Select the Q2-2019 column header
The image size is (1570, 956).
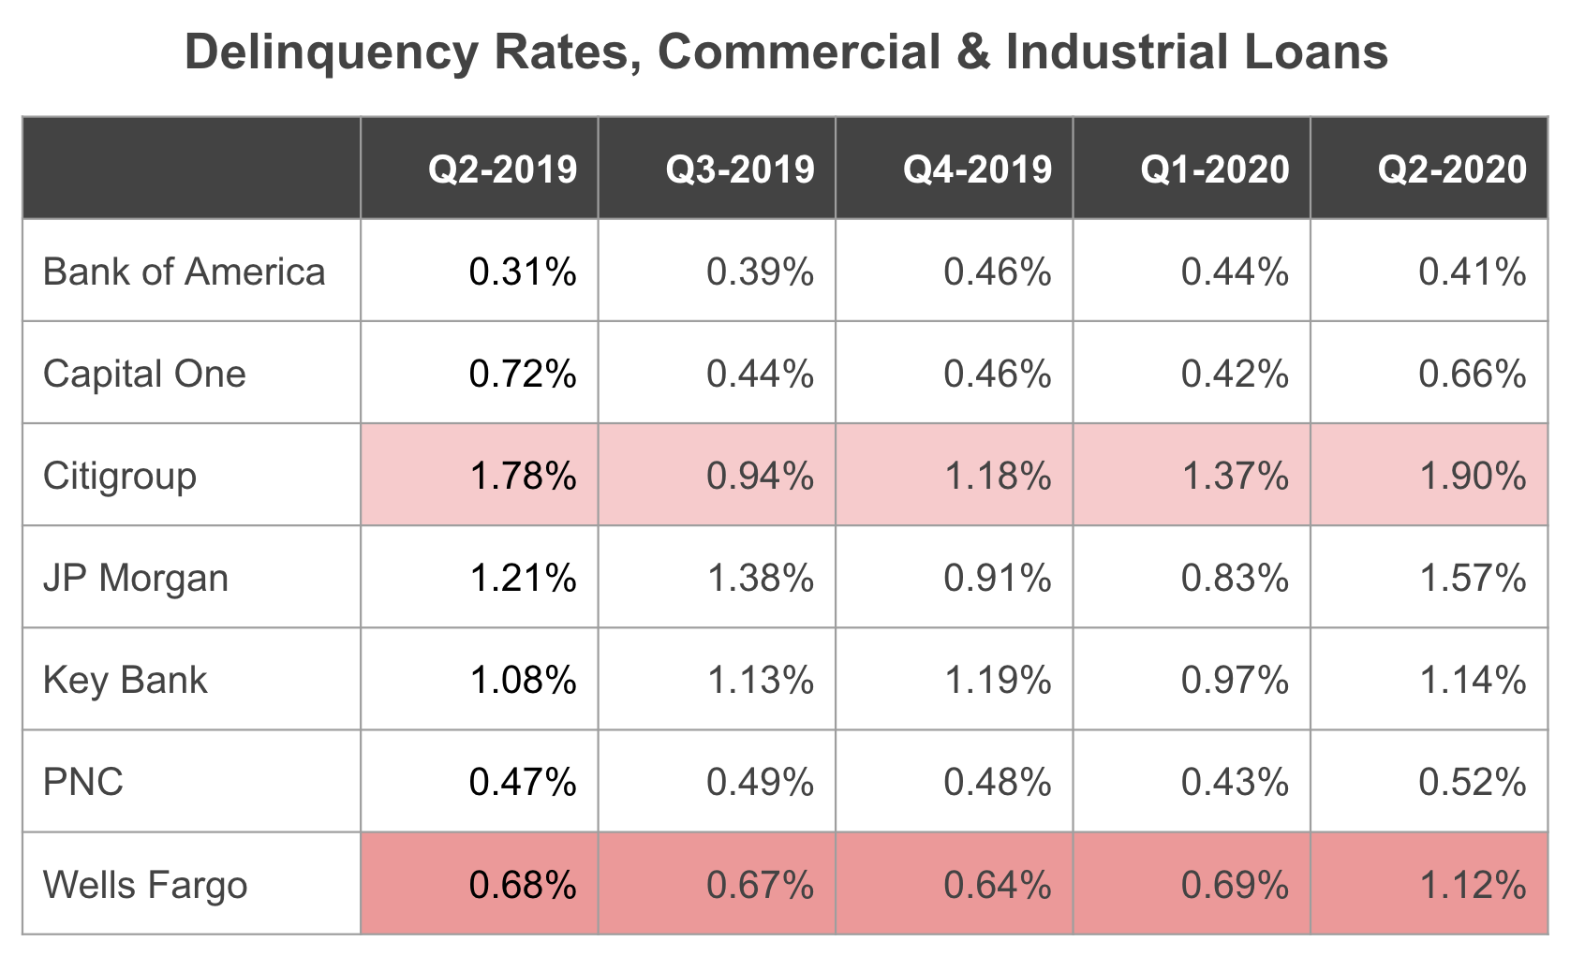pyautogui.click(x=503, y=169)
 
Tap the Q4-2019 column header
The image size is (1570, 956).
pyautogui.click(x=977, y=169)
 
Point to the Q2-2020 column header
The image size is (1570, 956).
pyautogui.click(x=1452, y=169)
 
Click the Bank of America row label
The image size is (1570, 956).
pyautogui.click(x=185, y=272)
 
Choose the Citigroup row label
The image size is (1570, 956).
pyautogui.click(x=120, y=476)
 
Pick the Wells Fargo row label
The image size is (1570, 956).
pyautogui.click(x=145, y=885)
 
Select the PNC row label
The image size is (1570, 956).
pyautogui.click(x=83, y=782)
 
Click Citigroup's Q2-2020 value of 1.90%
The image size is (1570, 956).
pyautogui.click(x=1472, y=476)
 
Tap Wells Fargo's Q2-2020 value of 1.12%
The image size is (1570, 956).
pyautogui.click(x=1472, y=885)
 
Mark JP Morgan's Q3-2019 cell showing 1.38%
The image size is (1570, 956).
pyautogui.click(x=760, y=578)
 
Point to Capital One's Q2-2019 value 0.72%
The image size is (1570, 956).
pyautogui.click(x=523, y=374)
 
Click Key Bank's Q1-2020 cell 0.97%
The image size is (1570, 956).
pyautogui.click(x=1235, y=680)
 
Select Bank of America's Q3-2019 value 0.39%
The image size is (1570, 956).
pyautogui.click(x=760, y=272)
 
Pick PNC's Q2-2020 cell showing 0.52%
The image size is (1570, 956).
pyautogui.click(x=1472, y=782)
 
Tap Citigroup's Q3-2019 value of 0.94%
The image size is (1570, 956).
pyautogui.click(x=760, y=476)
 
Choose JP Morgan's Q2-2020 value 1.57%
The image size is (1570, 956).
pyautogui.click(x=1472, y=578)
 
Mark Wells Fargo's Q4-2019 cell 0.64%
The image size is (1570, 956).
pyautogui.click(x=997, y=885)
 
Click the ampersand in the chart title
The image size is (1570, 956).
pyautogui.click(x=973, y=52)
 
